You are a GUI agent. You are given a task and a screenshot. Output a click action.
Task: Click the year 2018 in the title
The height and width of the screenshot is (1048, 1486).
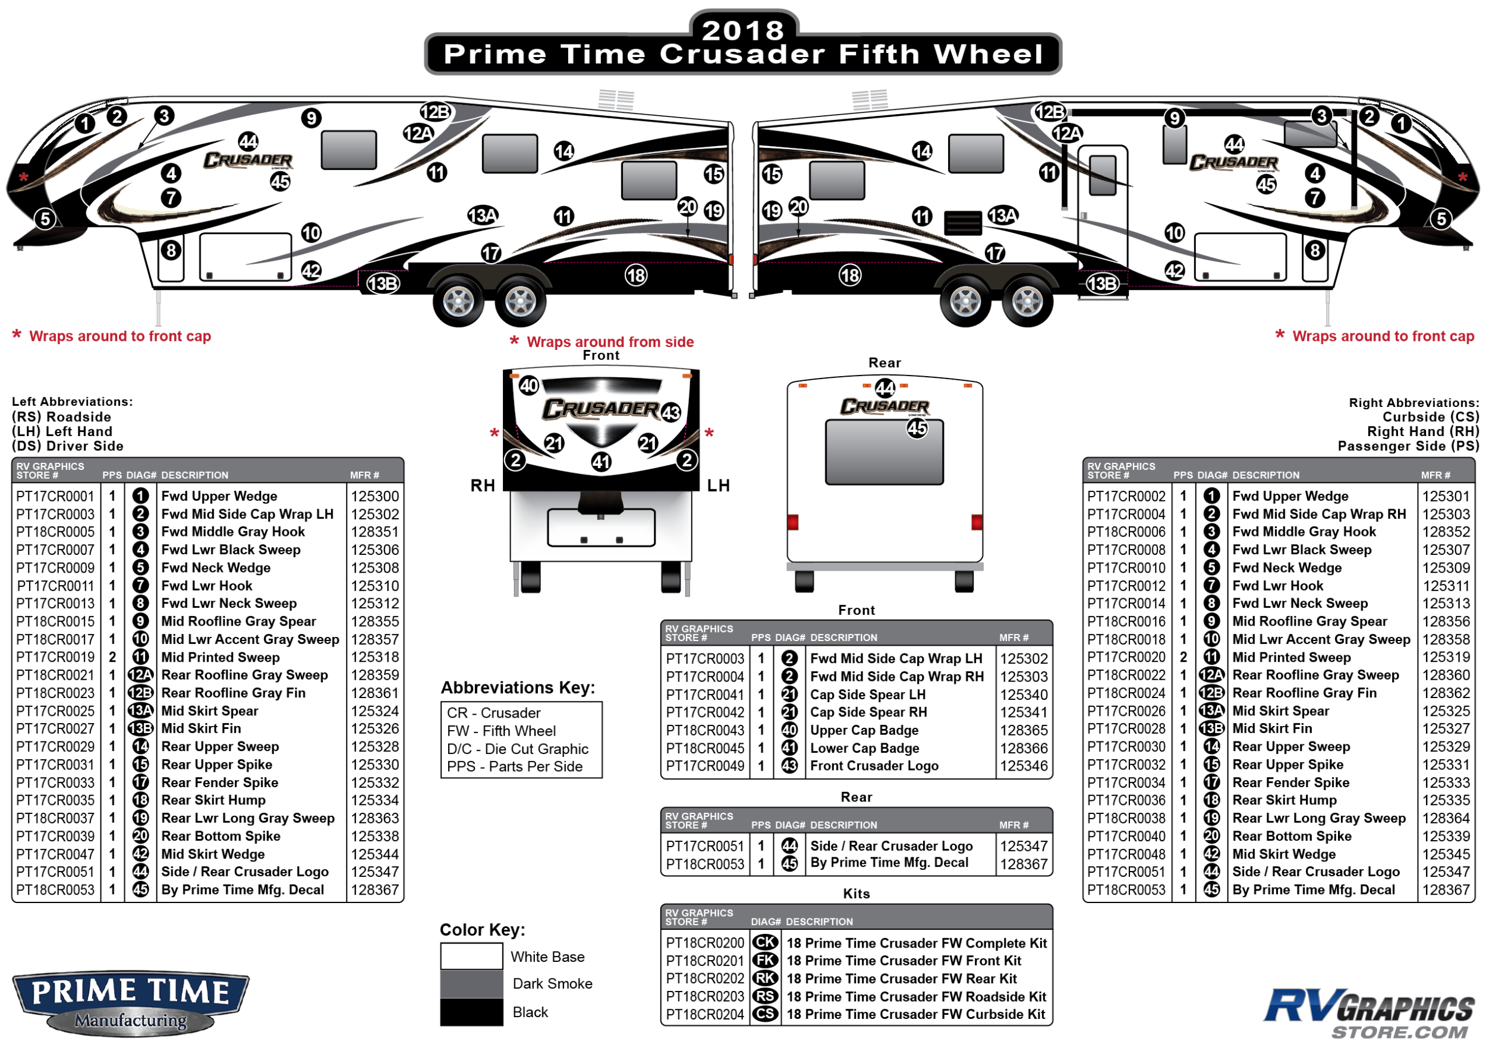pyautogui.click(x=743, y=30)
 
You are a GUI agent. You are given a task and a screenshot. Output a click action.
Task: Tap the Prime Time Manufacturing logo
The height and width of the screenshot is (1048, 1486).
pyautogui.click(x=131, y=1002)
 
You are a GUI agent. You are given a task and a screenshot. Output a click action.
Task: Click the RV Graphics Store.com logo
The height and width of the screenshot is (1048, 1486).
pyautogui.click(x=1368, y=1012)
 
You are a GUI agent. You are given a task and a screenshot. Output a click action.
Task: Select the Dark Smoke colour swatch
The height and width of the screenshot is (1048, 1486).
pyautogui.click(x=471, y=983)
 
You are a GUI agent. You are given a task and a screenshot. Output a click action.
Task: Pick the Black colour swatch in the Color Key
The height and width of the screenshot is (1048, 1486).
pyautogui.click(x=471, y=1012)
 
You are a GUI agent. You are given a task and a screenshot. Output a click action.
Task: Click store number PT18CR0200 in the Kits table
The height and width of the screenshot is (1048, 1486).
pyautogui.click(x=705, y=943)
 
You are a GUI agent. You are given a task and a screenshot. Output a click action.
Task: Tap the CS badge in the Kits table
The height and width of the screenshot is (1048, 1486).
pyautogui.click(x=766, y=1014)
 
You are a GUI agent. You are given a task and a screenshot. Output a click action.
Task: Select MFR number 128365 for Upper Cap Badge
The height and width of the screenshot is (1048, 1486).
pyautogui.click(x=1023, y=730)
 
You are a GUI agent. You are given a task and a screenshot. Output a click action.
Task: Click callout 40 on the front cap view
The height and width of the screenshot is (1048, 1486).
pyautogui.click(x=530, y=386)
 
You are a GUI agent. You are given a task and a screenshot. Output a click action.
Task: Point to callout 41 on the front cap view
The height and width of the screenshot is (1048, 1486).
pyautogui.click(x=602, y=462)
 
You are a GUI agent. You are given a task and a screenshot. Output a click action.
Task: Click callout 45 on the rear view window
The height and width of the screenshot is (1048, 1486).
pyautogui.click(x=917, y=428)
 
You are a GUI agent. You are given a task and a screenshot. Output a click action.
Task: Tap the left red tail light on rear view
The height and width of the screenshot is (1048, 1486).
pyautogui.click(x=793, y=522)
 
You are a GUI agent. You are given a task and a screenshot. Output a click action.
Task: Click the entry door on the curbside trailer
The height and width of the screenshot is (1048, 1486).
pyautogui.click(x=1103, y=220)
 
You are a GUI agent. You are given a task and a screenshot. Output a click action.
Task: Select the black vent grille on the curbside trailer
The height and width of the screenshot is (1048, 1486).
pyautogui.click(x=963, y=223)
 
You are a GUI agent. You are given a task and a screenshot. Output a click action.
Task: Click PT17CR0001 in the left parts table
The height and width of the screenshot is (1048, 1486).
pyautogui.click(x=55, y=496)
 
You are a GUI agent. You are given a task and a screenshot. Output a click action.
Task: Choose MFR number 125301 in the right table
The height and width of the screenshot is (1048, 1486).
pyautogui.click(x=1446, y=496)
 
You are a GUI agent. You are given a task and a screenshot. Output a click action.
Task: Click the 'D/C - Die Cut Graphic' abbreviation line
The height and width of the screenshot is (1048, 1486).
pyautogui.click(x=518, y=749)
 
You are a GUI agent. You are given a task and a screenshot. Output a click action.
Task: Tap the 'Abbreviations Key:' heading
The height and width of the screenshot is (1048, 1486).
pyautogui.click(x=518, y=687)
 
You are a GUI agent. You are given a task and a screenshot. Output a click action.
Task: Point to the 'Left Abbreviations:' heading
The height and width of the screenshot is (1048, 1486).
pyautogui.click(x=73, y=402)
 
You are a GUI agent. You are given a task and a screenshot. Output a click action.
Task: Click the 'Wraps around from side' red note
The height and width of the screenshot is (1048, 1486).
pyautogui.click(x=610, y=342)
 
